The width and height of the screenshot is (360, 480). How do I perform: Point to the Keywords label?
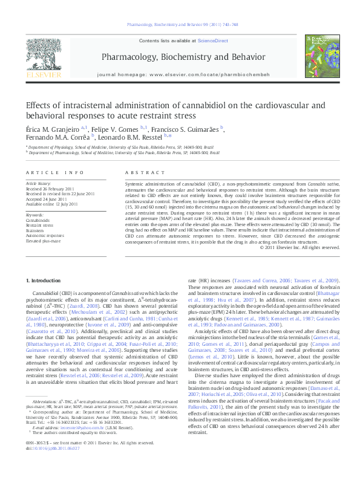pyautogui.click(x=35, y=215)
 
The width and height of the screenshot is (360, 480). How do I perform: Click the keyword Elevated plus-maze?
pyautogui.click(x=43, y=241)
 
